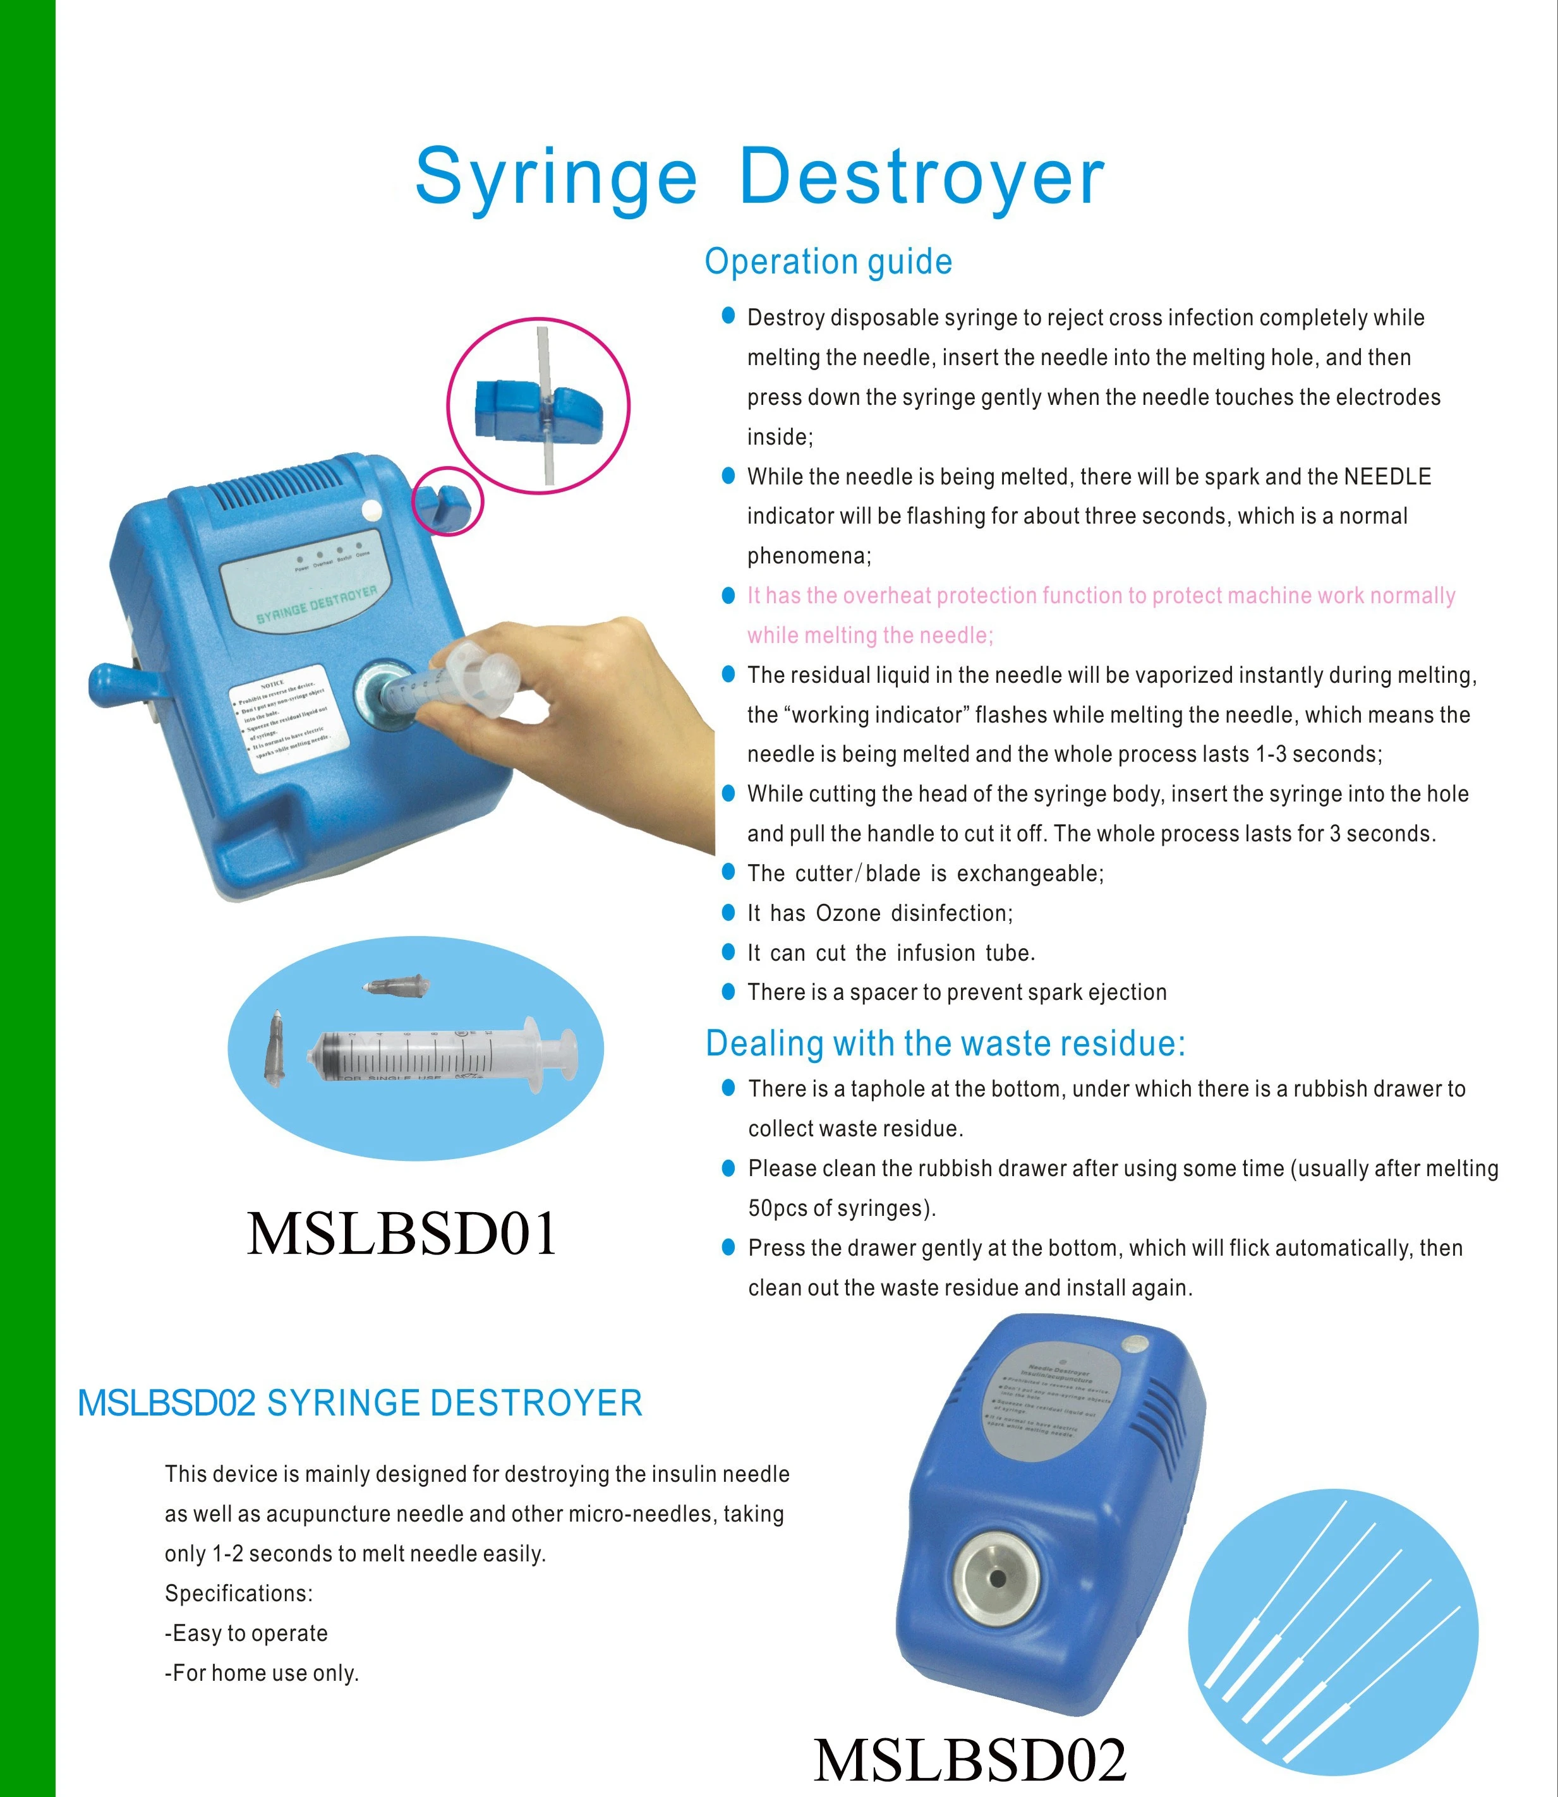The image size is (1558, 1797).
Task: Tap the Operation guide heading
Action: point(828,261)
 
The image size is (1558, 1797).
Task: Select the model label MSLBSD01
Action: point(402,1234)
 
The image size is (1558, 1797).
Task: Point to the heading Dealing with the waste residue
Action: point(945,1043)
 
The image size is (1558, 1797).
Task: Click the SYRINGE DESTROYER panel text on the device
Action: point(317,605)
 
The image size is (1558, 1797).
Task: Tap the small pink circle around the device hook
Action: point(447,499)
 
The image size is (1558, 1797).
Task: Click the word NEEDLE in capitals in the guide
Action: point(1387,476)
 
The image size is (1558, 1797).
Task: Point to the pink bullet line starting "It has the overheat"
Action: point(1101,596)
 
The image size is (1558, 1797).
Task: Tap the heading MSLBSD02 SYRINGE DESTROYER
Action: point(360,1403)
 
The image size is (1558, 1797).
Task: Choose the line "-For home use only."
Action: point(262,1673)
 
